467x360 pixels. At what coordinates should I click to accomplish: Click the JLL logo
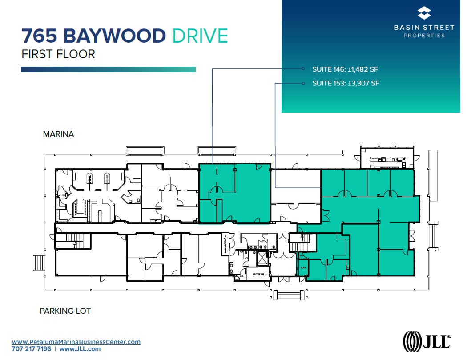pyautogui.click(x=426, y=341)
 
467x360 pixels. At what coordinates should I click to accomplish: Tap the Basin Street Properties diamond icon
pyautogui.click(x=424, y=13)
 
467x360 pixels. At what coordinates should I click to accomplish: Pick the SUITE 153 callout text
pyautogui.click(x=346, y=83)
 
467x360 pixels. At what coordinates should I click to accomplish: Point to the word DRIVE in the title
pyautogui.click(x=200, y=36)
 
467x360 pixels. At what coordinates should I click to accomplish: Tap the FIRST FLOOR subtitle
pyautogui.click(x=58, y=54)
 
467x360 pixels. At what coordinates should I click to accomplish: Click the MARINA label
pyautogui.click(x=58, y=134)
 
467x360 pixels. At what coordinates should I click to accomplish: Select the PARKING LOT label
pyautogui.click(x=65, y=311)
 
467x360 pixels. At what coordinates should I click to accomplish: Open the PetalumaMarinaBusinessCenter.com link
pyautogui.click(x=76, y=342)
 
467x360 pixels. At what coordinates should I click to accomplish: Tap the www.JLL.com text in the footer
pyautogui.click(x=80, y=349)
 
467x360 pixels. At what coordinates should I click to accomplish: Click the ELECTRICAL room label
pyautogui.click(x=259, y=274)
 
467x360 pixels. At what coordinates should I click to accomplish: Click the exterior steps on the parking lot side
pyautogui.click(x=288, y=295)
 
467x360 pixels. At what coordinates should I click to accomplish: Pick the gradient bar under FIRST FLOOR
pyautogui.click(x=108, y=69)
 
